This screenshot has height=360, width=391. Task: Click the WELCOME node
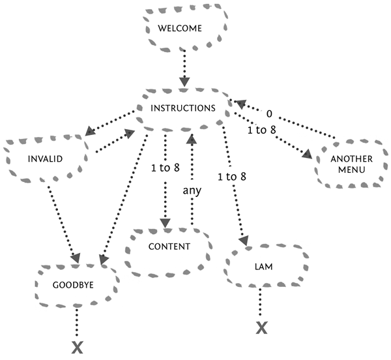[x=185, y=29]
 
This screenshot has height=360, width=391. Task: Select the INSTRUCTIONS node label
[x=182, y=108]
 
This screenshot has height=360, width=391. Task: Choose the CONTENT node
[x=169, y=247]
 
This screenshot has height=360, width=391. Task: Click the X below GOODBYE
[x=77, y=347]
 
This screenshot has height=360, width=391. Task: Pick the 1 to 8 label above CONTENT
[x=164, y=168]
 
